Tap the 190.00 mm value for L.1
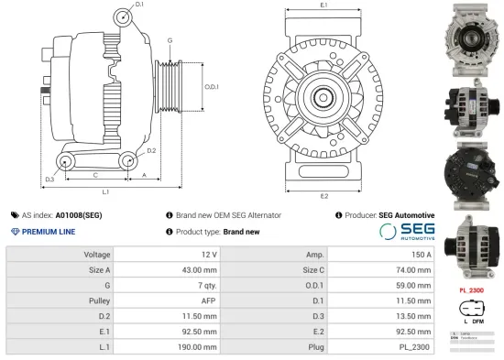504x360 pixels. pyautogui.click(x=198, y=347)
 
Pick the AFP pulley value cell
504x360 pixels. pyautogui.click(x=210, y=300)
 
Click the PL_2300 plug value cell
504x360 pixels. pyautogui.click(x=416, y=347)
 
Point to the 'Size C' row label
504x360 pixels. pyautogui.click(x=312, y=269)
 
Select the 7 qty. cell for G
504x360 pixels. pyautogui.click(x=206, y=285)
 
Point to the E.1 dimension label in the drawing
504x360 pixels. pyautogui.click(x=324, y=6)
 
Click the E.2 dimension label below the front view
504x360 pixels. pyautogui.click(x=324, y=195)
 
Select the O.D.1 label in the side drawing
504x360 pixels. pyautogui.click(x=211, y=87)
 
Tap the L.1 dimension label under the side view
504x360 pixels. pyautogui.click(x=106, y=192)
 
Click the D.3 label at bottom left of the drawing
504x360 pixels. pyautogui.click(x=49, y=179)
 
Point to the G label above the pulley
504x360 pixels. pyautogui.click(x=170, y=41)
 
